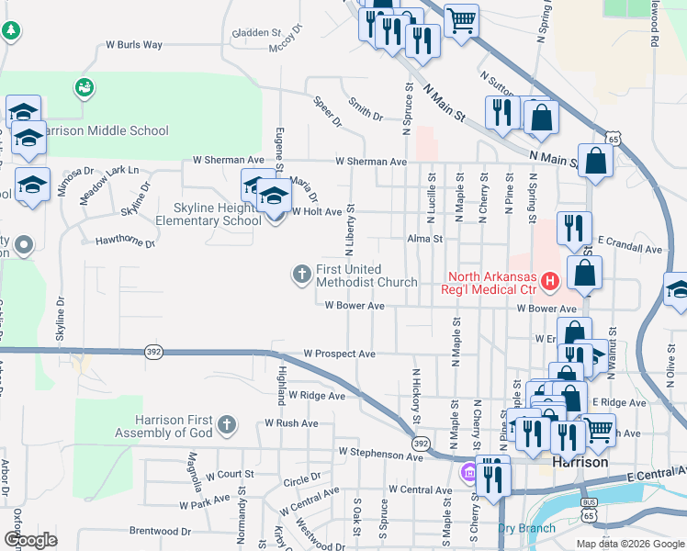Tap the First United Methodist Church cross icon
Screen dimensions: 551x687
tap(301, 273)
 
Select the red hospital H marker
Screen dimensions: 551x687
tap(549, 280)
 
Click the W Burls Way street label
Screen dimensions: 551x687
tap(134, 44)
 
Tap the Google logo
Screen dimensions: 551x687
tap(30, 540)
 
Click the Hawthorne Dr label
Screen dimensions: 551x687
tap(125, 242)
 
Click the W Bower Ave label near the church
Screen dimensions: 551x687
tap(354, 306)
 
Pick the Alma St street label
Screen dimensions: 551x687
tap(426, 239)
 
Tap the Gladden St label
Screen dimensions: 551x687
tap(256, 32)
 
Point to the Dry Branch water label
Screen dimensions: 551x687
tap(526, 528)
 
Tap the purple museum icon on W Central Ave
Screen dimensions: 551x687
tap(467, 473)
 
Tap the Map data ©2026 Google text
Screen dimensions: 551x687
tap(631, 544)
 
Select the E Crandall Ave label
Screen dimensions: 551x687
tap(629, 249)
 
